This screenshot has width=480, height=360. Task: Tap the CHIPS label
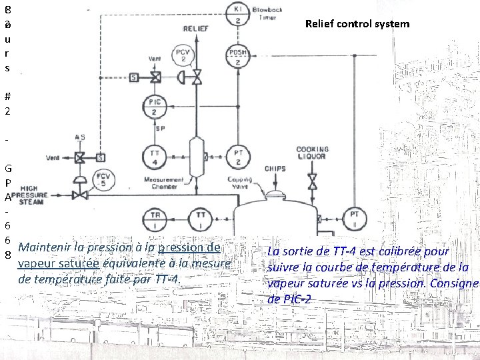click(275, 169)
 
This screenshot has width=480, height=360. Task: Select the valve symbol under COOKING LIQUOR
click(312, 181)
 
